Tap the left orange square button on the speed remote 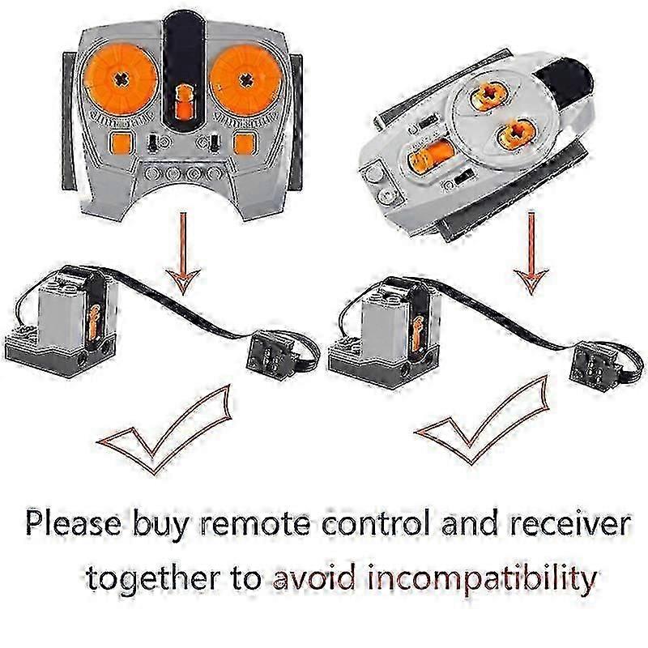pyautogui.click(x=122, y=143)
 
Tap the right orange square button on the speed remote pyautogui.click(x=244, y=143)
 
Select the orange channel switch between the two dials pyautogui.click(x=183, y=104)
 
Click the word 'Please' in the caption pyautogui.click(x=74, y=523)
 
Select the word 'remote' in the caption pyautogui.click(x=255, y=524)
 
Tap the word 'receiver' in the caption pyautogui.click(x=570, y=523)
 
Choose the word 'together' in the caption pyautogui.click(x=154, y=578)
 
